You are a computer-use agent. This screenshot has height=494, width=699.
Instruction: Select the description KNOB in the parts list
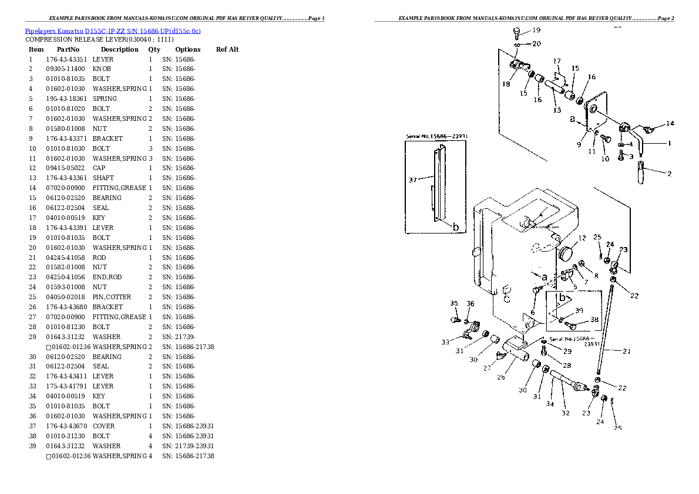coord(102,69)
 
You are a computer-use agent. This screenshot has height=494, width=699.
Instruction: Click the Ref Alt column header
coord(227,49)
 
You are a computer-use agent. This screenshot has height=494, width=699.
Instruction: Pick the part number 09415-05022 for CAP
coord(65,168)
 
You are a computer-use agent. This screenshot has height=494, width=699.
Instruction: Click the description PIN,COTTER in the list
coord(112,297)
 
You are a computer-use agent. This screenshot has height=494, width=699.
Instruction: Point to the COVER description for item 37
coord(103,426)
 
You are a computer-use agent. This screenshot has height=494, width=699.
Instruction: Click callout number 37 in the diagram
coord(413,180)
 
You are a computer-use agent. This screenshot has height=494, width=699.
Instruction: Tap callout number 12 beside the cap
coord(582,238)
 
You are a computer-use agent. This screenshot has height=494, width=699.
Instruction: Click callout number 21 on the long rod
coord(626,351)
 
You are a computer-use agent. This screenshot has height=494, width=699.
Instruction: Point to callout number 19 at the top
coord(536,30)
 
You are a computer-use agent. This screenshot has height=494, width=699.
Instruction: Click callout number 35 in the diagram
coord(453,303)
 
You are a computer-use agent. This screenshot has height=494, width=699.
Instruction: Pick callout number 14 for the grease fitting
coord(670,124)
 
